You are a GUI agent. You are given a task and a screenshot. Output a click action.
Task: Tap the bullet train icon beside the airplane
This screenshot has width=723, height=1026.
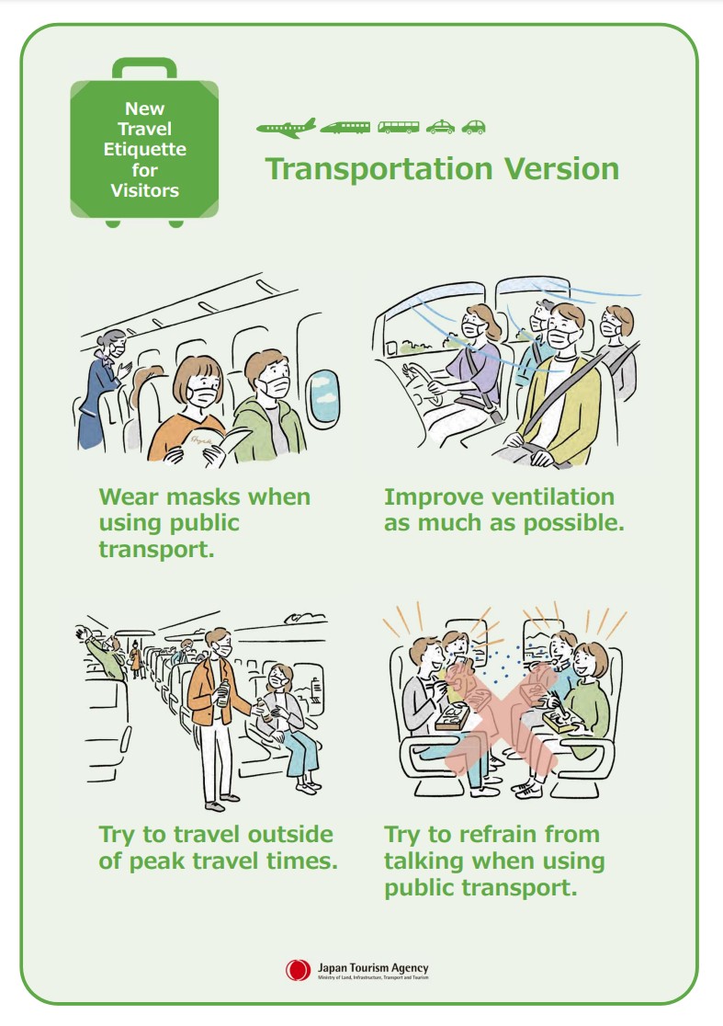(x=345, y=127)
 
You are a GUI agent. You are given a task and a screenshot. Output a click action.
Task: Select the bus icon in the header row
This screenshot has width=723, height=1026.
(x=398, y=127)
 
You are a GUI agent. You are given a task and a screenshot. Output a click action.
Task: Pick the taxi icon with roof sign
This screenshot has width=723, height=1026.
(x=440, y=127)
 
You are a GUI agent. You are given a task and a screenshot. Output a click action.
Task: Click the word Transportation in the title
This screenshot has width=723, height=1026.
(x=378, y=169)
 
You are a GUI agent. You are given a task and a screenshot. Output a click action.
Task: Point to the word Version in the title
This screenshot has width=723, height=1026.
(x=561, y=169)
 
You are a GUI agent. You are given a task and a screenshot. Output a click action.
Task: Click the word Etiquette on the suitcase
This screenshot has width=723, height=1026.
(x=144, y=149)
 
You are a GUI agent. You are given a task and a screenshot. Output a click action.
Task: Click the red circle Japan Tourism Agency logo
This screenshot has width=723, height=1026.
(x=298, y=970)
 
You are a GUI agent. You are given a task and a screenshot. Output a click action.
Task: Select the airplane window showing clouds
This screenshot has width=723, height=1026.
(x=323, y=396)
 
